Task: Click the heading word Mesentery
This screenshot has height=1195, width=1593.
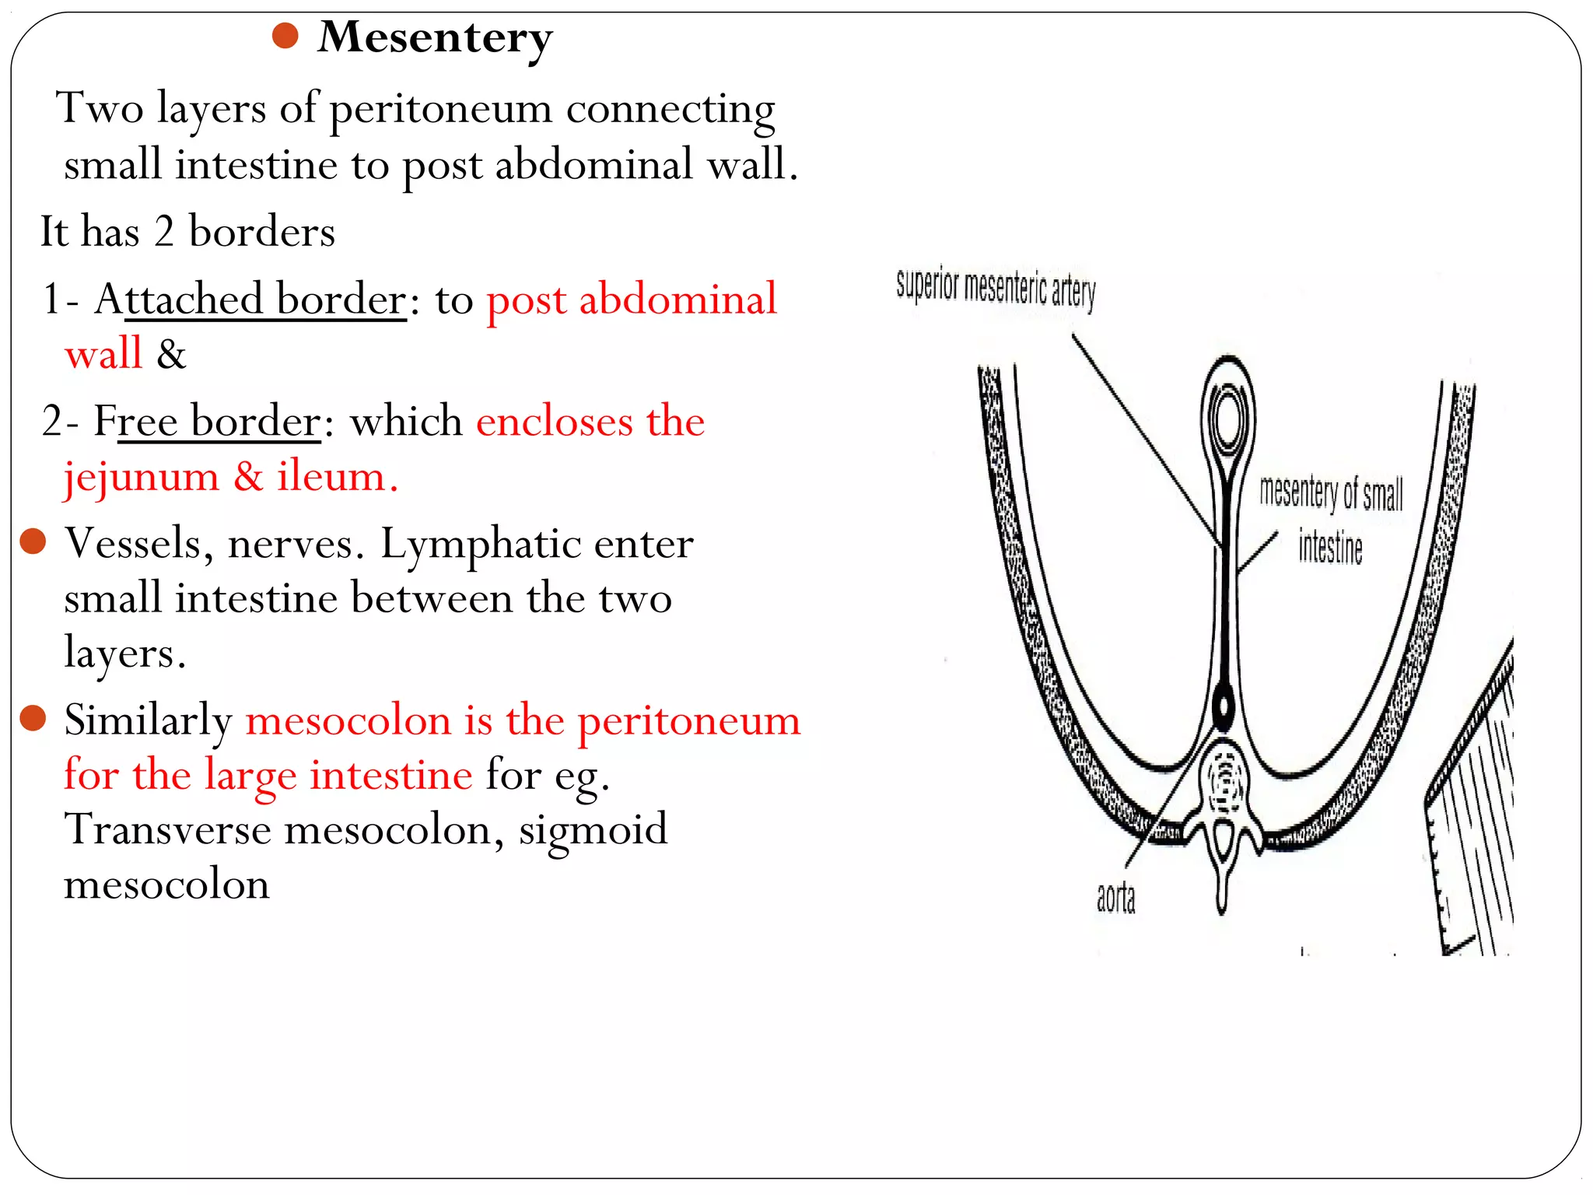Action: [435, 37]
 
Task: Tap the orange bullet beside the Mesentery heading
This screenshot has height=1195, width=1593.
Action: [286, 36]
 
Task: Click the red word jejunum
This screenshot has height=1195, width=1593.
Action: [141, 477]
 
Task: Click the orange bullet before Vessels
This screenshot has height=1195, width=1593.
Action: [33, 541]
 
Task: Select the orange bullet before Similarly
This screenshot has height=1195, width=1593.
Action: [33, 718]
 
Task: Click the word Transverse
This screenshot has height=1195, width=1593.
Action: [167, 829]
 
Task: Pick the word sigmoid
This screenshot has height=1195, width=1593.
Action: [593, 829]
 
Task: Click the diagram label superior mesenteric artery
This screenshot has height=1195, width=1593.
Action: [996, 289]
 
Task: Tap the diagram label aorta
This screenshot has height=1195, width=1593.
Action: [1115, 899]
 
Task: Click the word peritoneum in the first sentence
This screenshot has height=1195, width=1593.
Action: [440, 109]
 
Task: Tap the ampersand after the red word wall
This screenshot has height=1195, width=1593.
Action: [171, 355]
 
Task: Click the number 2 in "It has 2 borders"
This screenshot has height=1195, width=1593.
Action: [164, 232]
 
